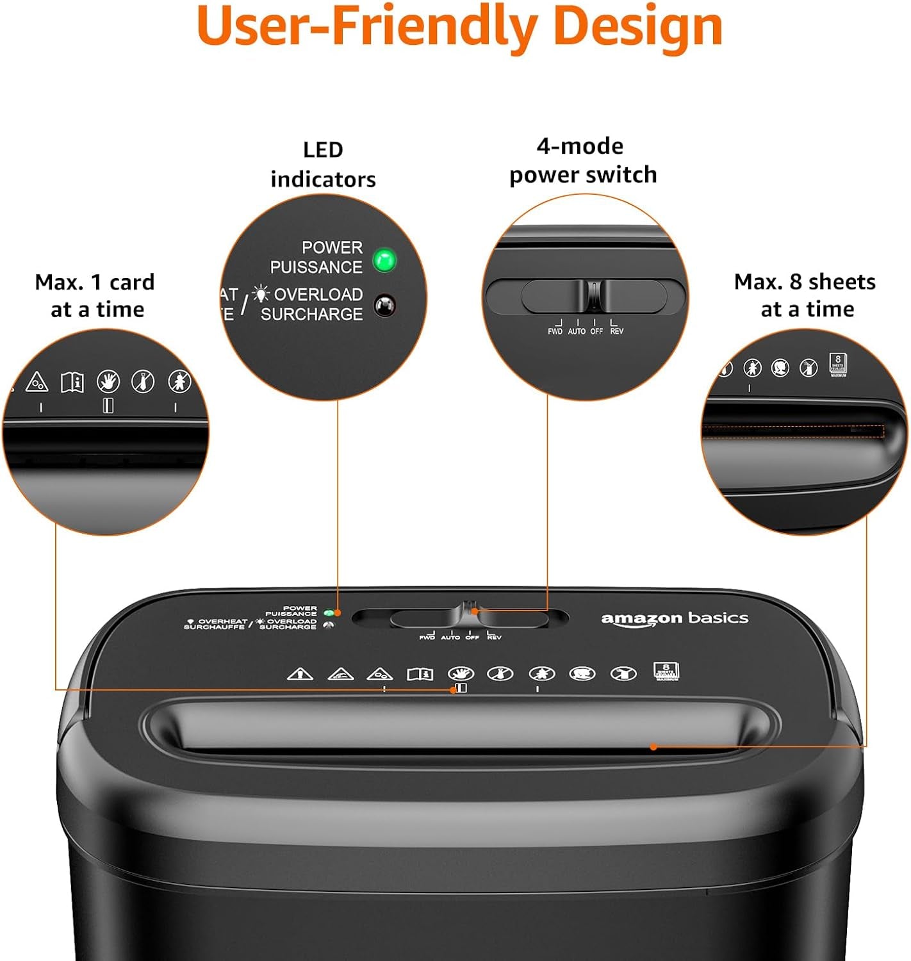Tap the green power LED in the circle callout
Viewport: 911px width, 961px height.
click(384, 260)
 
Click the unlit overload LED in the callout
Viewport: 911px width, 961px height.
click(384, 306)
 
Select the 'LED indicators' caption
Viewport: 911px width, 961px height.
click(323, 165)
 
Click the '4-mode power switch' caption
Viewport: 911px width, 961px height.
click(582, 160)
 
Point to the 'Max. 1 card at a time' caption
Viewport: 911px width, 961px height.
click(95, 295)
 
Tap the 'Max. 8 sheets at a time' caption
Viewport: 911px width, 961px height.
click(805, 295)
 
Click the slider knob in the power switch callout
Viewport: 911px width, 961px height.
click(594, 295)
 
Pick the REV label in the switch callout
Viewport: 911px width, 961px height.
click(616, 331)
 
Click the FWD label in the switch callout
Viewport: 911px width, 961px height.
click(555, 331)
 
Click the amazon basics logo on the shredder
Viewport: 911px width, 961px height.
click(674, 618)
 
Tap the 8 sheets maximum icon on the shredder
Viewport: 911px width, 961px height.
click(666, 671)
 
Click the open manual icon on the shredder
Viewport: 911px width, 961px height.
click(420, 674)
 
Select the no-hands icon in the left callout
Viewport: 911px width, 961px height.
click(108, 382)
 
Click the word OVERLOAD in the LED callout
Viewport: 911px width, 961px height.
click(318, 295)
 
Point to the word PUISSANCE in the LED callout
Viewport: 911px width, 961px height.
click(316, 267)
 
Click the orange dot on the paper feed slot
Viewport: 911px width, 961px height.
click(653, 746)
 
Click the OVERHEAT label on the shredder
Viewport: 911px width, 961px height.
click(222, 621)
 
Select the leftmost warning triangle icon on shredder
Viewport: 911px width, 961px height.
click(300, 674)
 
